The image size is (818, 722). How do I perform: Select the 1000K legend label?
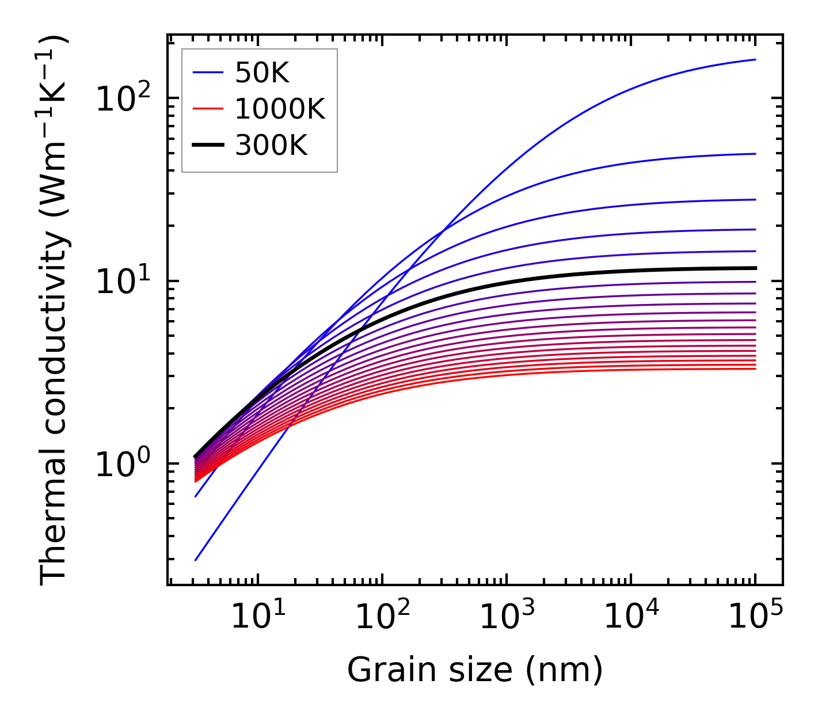280,109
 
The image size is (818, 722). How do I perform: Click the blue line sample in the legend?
207,73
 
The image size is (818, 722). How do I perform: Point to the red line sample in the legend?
207,109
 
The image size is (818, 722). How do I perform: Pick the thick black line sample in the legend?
207,146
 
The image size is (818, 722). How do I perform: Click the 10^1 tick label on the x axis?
257,617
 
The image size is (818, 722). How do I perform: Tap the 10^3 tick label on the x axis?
506,617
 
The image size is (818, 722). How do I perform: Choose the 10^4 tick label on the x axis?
630,617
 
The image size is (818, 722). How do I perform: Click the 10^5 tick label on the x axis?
755,617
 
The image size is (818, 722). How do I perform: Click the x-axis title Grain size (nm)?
475,670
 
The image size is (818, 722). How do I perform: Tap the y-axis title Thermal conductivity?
55,310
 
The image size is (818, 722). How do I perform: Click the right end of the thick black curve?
755,268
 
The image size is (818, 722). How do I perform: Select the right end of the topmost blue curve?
755,59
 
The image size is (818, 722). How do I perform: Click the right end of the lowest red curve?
755,368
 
